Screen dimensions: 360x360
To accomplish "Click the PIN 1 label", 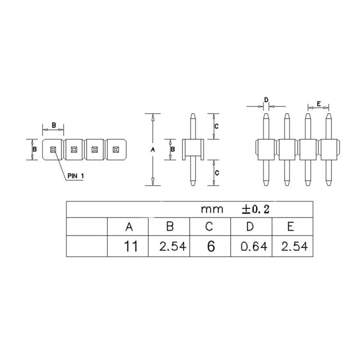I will click(76, 176).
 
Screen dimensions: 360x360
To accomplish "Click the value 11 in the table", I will click(130, 247).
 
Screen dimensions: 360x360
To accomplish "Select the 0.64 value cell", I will click(251, 247).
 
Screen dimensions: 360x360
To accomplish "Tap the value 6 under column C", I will click(210, 247).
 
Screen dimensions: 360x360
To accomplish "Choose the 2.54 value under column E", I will click(292, 247).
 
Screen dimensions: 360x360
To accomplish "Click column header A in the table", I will click(128, 227).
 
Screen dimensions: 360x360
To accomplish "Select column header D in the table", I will click(251, 227).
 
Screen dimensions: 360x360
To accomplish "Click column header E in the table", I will click(291, 227).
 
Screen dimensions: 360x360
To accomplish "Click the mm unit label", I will click(212, 209).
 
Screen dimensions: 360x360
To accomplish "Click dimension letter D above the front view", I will click(266, 100).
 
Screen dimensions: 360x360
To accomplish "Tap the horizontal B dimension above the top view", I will click(54, 125).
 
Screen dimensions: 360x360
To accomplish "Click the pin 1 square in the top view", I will click(53, 150).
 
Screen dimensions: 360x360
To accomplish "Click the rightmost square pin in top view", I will click(116, 150).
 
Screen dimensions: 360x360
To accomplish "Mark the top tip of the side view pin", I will click(192, 115).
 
